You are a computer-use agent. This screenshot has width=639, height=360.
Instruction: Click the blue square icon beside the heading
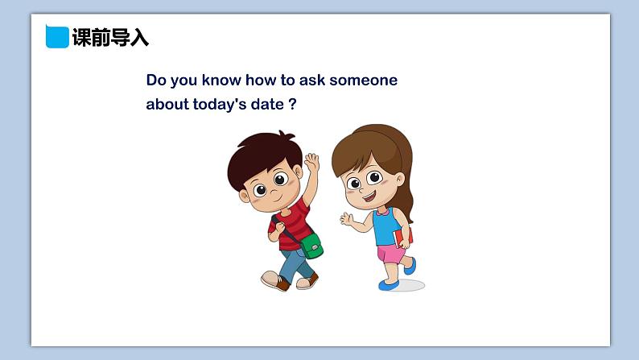tap(57, 37)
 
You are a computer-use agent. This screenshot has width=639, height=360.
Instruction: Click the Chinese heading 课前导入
tap(110, 38)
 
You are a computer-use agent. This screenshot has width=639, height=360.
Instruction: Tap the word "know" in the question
tap(221, 80)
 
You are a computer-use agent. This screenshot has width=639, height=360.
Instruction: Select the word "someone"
tap(363, 80)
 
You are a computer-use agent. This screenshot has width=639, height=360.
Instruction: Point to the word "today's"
tap(219, 105)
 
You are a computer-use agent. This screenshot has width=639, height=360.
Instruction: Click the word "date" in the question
tap(267, 105)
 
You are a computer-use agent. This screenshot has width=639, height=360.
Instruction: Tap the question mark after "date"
tap(293, 104)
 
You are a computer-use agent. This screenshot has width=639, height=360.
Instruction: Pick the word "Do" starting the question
tap(156, 80)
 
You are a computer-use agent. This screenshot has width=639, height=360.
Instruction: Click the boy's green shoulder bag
tap(311, 246)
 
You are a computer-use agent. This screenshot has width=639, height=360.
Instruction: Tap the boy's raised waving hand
tap(311, 162)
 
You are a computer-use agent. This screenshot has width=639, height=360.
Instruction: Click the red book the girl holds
tap(402, 237)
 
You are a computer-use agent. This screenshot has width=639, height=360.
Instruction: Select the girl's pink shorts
tap(390, 254)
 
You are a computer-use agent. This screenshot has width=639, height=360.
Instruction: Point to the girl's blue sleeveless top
tap(386, 226)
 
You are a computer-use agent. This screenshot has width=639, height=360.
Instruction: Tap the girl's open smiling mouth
tap(369, 198)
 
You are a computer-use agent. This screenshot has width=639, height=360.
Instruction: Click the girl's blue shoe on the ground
tap(389, 285)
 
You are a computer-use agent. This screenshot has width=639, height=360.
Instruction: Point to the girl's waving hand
tap(347, 219)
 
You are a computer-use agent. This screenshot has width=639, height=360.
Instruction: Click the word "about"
tap(167, 105)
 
